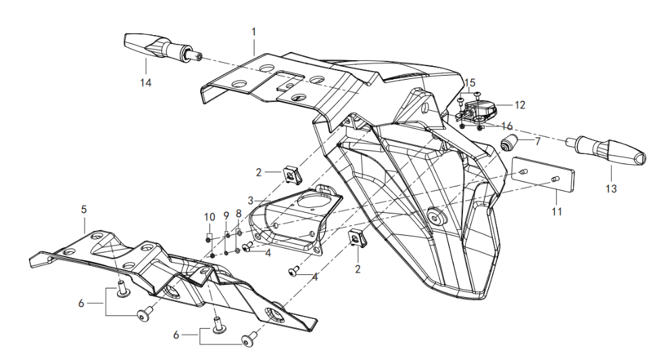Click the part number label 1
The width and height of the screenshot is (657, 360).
pos(254,31)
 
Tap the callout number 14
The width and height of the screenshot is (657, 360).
pos(146,82)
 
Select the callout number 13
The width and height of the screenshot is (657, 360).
pos(611,189)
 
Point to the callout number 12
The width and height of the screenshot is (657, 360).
pos(520,105)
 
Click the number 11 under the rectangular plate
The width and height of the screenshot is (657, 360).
pos(556,211)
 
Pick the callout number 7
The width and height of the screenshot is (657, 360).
pos(538,142)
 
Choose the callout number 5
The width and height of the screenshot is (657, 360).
pos(84,210)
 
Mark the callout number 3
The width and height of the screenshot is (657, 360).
pos(250,201)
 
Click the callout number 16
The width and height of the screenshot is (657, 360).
pos(507,126)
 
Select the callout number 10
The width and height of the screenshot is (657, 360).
pos(210,217)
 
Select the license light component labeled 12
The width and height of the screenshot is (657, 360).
pos(479,108)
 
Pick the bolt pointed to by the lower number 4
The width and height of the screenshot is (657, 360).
pos(293,272)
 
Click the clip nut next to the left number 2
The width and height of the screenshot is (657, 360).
pos(292,176)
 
